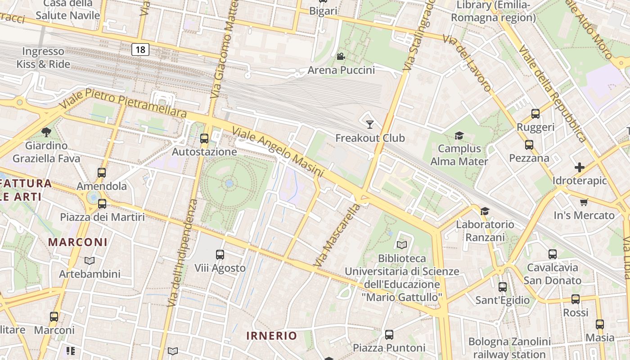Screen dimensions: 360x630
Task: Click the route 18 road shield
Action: [x=140, y=49]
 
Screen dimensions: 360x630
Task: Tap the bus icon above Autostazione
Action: [x=204, y=139]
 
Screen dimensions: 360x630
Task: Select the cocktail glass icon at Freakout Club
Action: [x=370, y=124]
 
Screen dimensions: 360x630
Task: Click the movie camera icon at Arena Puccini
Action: [x=341, y=57]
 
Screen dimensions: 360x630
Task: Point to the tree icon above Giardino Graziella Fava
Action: [x=46, y=132]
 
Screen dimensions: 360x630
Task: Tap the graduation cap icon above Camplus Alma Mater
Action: [x=459, y=135]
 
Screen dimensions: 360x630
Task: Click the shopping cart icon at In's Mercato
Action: [x=584, y=202]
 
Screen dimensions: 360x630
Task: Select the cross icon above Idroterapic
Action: [x=580, y=167]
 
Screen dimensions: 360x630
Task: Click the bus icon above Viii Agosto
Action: [x=220, y=255]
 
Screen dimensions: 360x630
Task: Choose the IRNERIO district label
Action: [x=272, y=336]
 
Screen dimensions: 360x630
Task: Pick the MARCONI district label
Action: [x=78, y=242]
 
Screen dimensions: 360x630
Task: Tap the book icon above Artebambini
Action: [x=90, y=261]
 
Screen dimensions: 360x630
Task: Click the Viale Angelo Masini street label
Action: [x=278, y=152]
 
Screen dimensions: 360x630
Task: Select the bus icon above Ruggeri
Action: [x=535, y=114]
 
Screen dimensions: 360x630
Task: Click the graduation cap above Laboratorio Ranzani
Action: [x=485, y=211]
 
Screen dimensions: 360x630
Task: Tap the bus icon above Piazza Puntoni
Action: [x=389, y=335]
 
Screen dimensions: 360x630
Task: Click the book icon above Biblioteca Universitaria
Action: [x=401, y=245]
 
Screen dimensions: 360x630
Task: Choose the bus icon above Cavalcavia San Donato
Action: [x=553, y=254]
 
